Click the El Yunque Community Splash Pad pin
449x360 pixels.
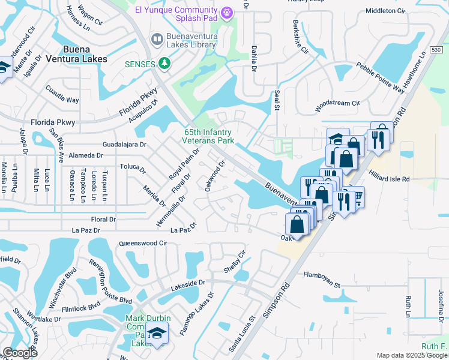click(x=227, y=12)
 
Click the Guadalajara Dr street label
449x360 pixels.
click(x=125, y=145)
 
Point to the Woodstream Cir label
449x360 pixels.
click(x=337, y=103)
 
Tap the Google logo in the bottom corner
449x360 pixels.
click(x=19, y=353)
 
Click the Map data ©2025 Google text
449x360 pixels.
click(x=412, y=355)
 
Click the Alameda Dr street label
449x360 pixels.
click(x=86, y=155)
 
